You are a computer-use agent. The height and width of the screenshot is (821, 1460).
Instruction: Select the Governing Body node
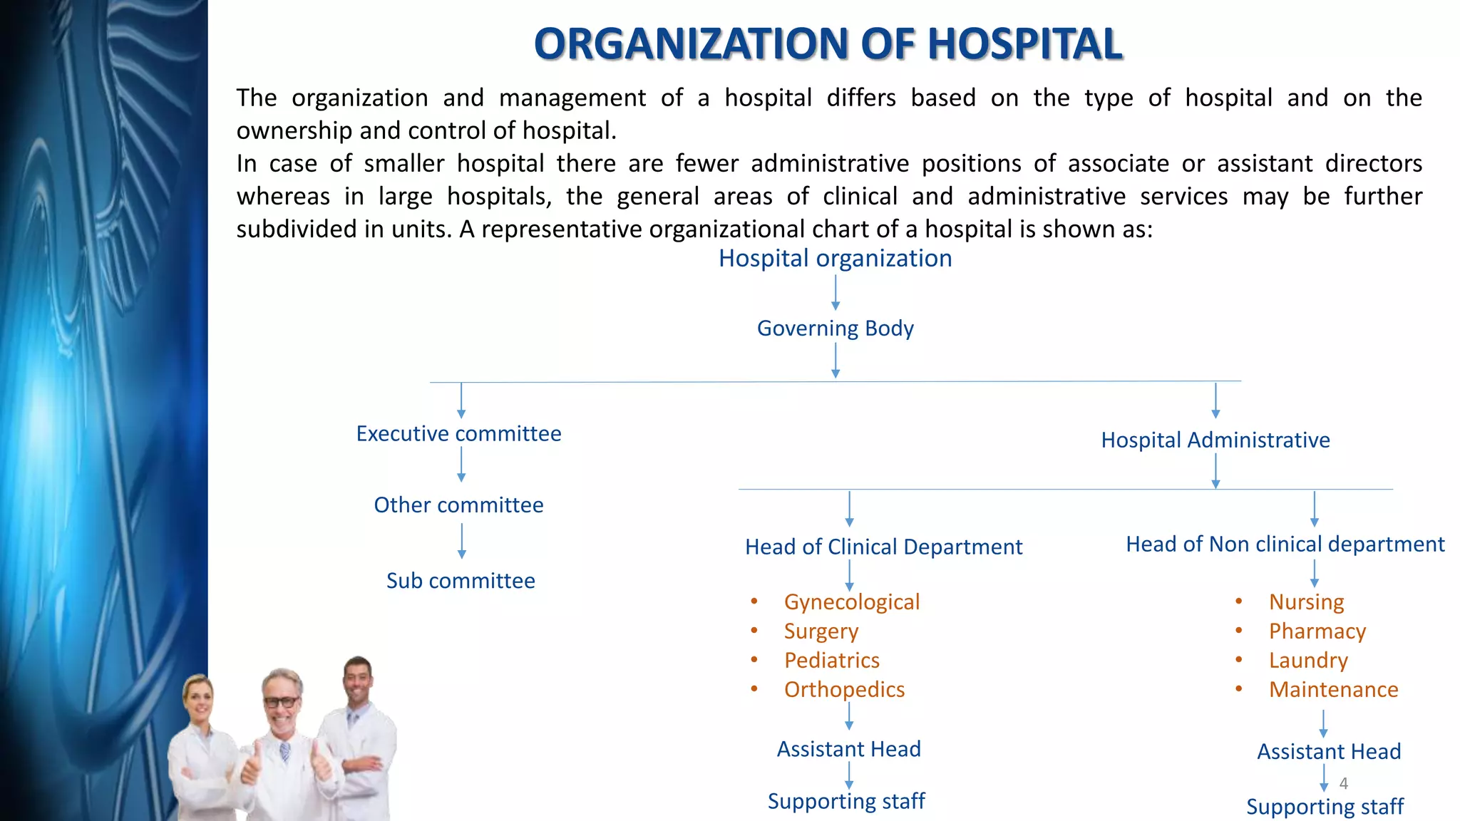pos(835,329)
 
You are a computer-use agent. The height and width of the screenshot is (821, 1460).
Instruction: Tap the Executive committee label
pos(458,434)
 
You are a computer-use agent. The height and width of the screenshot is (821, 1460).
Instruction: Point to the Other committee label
pos(458,505)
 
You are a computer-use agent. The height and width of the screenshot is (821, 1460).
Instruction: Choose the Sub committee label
pos(461,581)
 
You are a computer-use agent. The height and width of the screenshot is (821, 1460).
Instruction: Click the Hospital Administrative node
pos(1215,440)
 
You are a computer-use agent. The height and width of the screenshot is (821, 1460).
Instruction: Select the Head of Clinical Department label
pos(883,547)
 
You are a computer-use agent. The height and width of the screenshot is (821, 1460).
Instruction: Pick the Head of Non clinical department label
pos(1285,544)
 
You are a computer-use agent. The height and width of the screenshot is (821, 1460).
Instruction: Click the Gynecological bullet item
pos(851,602)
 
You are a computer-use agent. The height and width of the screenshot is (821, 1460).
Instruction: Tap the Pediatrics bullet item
pos(831,661)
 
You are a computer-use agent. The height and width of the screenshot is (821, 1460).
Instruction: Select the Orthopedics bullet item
pos(844,690)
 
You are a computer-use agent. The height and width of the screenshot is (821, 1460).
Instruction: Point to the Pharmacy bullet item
pos(1317,631)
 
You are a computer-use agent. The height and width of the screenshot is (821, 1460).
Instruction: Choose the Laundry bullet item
pos(1308,661)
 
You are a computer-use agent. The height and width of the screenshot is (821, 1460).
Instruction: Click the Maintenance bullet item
pos(1333,690)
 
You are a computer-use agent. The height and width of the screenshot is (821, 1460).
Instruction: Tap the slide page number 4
pos(1343,784)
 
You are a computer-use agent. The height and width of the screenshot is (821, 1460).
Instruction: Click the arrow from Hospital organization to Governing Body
pos(836,292)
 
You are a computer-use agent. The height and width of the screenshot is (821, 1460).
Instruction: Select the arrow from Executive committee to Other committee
pos(461,465)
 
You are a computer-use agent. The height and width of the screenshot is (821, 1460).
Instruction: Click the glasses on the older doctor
pos(282,702)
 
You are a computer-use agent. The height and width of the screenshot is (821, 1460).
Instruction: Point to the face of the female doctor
pos(199,701)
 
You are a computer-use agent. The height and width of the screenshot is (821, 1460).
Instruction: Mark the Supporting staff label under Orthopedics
pos(845,802)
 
